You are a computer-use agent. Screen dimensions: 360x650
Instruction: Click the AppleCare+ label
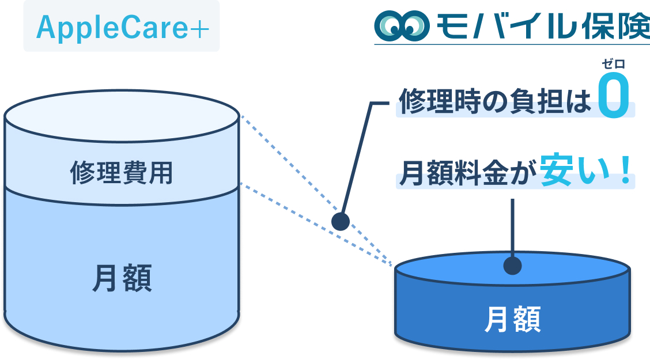[122, 27]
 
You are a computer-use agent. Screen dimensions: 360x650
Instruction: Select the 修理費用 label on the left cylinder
[122, 172]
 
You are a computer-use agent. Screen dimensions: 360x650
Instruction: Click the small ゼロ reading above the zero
[613, 65]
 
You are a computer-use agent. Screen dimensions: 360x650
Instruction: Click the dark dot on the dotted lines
[341, 221]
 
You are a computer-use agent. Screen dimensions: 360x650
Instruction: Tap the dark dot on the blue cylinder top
[512, 266]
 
